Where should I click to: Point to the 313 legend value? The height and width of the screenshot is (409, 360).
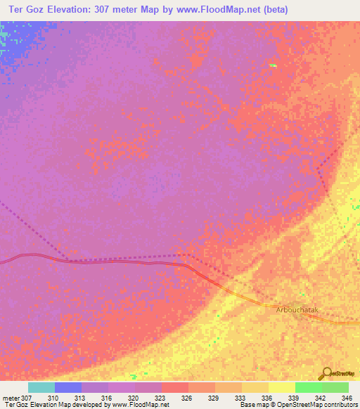81,398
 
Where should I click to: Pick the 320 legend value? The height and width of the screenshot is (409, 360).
134,398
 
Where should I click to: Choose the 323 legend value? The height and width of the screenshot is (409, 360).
161,398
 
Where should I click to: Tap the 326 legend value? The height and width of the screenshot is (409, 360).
188,398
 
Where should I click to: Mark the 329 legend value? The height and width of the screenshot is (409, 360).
214,398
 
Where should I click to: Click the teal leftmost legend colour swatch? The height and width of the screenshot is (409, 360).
41,387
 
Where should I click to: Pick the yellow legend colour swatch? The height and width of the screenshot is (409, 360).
281,387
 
